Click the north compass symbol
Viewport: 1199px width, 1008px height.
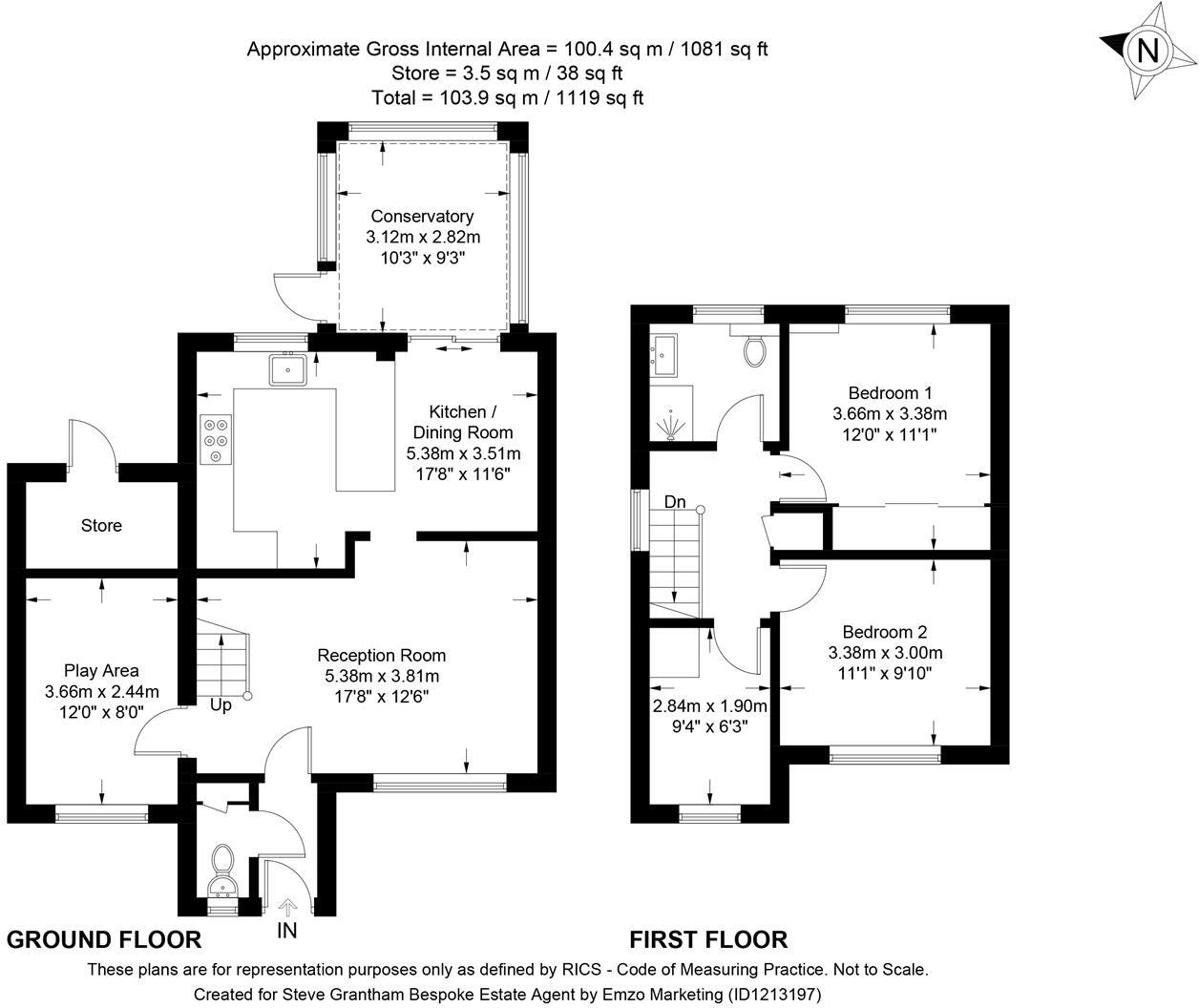coord(1147,51)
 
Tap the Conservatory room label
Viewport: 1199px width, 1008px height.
coord(422,217)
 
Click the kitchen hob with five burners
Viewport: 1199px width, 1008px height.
coord(216,439)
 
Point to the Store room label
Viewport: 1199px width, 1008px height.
coord(101,526)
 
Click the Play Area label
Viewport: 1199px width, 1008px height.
coord(101,671)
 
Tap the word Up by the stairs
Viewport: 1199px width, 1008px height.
coord(221,706)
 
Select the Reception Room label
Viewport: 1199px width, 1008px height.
coord(381,656)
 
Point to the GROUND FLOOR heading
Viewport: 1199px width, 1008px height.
coord(104,940)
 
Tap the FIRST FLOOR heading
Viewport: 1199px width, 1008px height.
coord(708,940)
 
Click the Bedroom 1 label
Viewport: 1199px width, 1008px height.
coord(890,392)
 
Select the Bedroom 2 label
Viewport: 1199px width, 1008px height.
coord(884,632)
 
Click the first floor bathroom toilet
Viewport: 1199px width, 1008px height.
coord(754,350)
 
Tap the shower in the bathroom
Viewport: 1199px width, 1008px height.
coord(674,426)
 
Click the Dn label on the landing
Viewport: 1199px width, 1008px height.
coord(675,502)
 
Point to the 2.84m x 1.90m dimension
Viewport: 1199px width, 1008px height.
coord(709,706)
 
